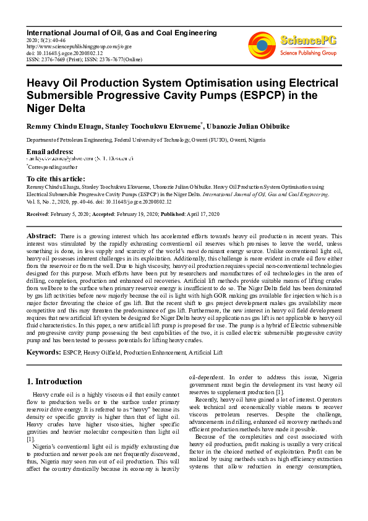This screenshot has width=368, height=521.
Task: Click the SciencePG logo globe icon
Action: pos(262,44)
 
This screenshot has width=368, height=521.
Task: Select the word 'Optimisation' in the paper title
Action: pos(213,82)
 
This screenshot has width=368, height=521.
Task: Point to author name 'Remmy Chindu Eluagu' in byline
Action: pos(62,126)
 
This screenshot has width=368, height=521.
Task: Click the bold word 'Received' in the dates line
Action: pos(38,214)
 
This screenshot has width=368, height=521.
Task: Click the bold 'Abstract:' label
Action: pos(41,236)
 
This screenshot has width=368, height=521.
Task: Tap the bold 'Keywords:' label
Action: pos(43,352)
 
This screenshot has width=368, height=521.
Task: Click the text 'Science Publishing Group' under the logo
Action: pos(307,54)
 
